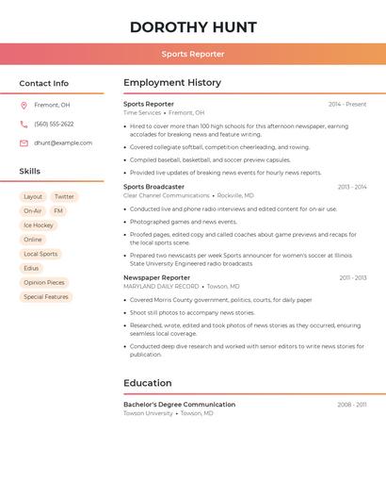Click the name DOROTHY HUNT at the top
pyautogui.click(x=193, y=26)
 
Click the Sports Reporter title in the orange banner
pyautogui.click(x=193, y=54)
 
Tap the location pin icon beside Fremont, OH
pyautogui.click(x=24, y=106)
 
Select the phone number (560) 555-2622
pyautogui.click(x=54, y=124)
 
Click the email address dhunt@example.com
pyautogui.click(x=63, y=143)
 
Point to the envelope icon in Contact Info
pyautogui.click(x=24, y=143)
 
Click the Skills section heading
pyautogui.click(x=30, y=172)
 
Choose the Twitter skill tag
pyautogui.click(x=64, y=197)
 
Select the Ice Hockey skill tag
pyautogui.click(x=39, y=225)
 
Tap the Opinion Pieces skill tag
pyautogui.click(x=44, y=282)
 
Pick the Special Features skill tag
pyautogui.click(x=46, y=297)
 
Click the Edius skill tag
pyautogui.click(x=32, y=268)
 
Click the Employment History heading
pyautogui.click(x=172, y=83)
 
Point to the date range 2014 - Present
pyautogui.click(x=347, y=105)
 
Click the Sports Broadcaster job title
pyautogui.click(x=153, y=187)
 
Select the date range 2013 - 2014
pyautogui.click(x=352, y=187)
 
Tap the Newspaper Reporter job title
pyautogui.click(x=156, y=277)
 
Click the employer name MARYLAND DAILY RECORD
pyautogui.click(x=161, y=286)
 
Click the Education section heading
pyautogui.click(x=148, y=383)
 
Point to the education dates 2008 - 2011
pyautogui.click(x=352, y=405)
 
